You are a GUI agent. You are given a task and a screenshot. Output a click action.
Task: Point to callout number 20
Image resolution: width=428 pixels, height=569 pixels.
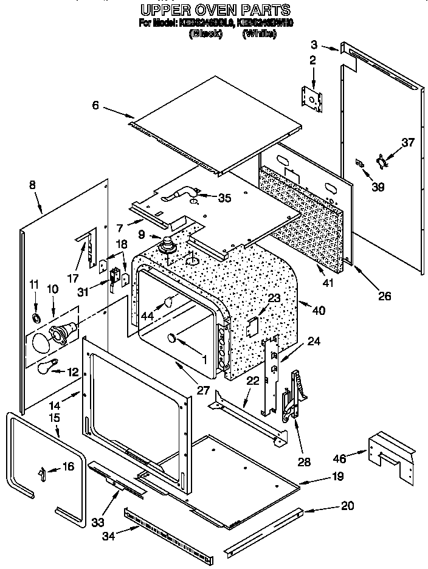[347, 505]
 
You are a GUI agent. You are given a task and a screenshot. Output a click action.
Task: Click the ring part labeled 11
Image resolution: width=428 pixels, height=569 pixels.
[36, 319]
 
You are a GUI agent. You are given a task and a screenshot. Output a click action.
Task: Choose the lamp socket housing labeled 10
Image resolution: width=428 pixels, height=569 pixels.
[63, 334]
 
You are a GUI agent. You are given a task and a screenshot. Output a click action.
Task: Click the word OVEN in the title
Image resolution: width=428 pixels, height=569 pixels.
[212, 10]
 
